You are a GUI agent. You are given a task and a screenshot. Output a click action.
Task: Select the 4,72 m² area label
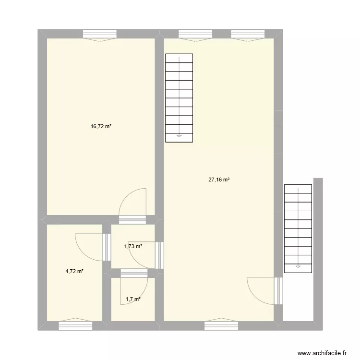click(75, 271)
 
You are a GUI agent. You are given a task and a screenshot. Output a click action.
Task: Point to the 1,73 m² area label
click(133, 246)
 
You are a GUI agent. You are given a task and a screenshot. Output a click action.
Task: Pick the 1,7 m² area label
click(133, 300)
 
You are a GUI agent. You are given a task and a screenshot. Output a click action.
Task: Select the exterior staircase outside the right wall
click(298, 228)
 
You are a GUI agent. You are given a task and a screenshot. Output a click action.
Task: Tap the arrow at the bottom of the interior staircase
click(179, 136)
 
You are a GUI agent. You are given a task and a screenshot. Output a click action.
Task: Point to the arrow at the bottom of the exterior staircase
click(298, 265)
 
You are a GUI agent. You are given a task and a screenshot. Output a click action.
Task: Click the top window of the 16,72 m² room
click(99, 34)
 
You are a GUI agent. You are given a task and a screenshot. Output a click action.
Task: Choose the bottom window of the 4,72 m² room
click(75, 325)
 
